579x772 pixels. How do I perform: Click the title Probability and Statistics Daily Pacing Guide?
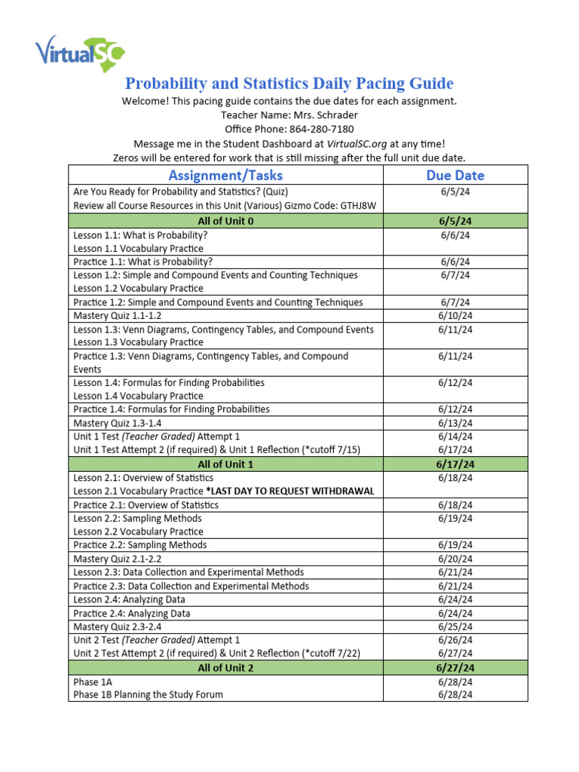click(289, 83)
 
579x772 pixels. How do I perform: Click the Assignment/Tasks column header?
click(225, 176)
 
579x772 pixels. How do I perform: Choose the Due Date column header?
click(455, 176)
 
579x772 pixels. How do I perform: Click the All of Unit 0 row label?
click(225, 221)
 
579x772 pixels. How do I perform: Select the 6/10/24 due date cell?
click(455, 316)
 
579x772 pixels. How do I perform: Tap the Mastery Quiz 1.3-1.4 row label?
click(121, 423)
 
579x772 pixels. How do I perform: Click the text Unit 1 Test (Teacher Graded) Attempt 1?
click(157, 437)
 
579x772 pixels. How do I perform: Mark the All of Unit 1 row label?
click(225, 464)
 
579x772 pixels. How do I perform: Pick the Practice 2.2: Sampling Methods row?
click(139, 545)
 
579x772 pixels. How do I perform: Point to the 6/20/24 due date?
click(455, 559)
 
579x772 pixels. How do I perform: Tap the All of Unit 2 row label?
click(225, 668)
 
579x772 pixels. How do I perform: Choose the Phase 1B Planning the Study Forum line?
click(148, 694)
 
